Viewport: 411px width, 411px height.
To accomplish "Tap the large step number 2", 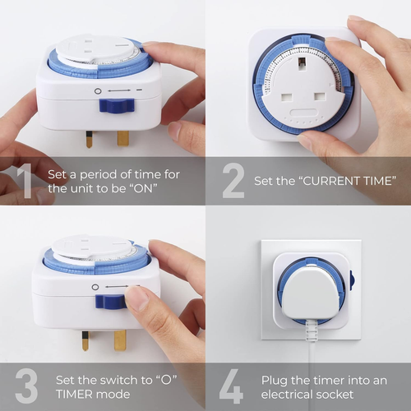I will pos(233,181).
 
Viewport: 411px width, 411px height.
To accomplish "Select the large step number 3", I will pos(26,386).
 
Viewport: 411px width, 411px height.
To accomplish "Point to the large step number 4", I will pos(233,386).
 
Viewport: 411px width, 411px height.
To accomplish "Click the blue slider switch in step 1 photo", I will pos(116,104).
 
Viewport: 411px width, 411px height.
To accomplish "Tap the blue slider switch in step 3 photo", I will pos(110,302).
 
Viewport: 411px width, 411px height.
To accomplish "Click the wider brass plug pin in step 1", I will pos(122,137).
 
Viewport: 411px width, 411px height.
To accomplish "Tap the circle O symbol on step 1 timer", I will pos(97,90).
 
